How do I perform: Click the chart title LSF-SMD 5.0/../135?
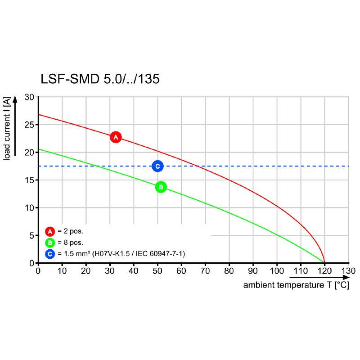(x=100, y=79)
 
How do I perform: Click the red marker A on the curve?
(x=116, y=137)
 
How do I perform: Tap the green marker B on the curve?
(x=161, y=187)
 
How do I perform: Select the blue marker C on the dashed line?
(x=157, y=166)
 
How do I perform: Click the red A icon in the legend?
(x=50, y=232)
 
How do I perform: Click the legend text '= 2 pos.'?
(x=71, y=232)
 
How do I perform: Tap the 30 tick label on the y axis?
(x=29, y=97)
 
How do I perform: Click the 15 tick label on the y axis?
(x=29, y=180)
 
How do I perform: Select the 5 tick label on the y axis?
(x=31, y=235)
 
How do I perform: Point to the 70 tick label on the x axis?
(x=205, y=271)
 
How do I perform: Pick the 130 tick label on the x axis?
(x=348, y=271)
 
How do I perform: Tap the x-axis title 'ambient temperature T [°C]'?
(x=296, y=285)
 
